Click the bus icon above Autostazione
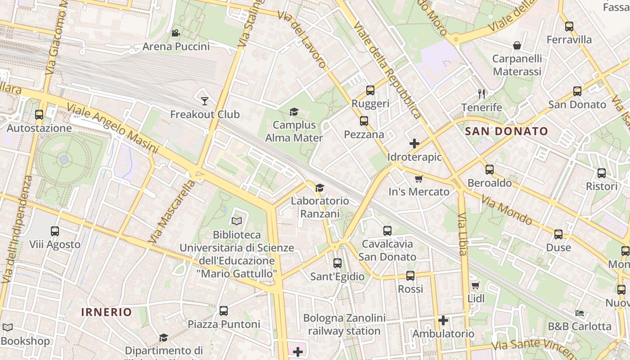click(x=39, y=115)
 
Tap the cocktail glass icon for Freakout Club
click(x=205, y=101)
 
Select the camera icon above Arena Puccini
click(x=175, y=33)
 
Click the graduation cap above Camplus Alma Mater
click(x=294, y=112)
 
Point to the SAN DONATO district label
click(x=506, y=131)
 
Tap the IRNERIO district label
click(x=107, y=312)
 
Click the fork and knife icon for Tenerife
click(x=481, y=94)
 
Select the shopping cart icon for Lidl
click(x=475, y=285)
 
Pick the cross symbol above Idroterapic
click(x=414, y=144)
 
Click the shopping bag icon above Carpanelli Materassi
click(x=517, y=45)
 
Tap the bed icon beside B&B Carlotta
click(x=580, y=313)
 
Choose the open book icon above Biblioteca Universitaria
click(x=237, y=221)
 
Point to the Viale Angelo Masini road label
click(x=112, y=128)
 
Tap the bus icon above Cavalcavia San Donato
click(x=387, y=231)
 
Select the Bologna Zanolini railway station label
click(x=344, y=324)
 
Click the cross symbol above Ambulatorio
click(x=443, y=320)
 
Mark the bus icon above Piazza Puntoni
click(x=224, y=310)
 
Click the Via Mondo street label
click(x=506, y=210)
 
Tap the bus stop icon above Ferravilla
click(x=569, y=27)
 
